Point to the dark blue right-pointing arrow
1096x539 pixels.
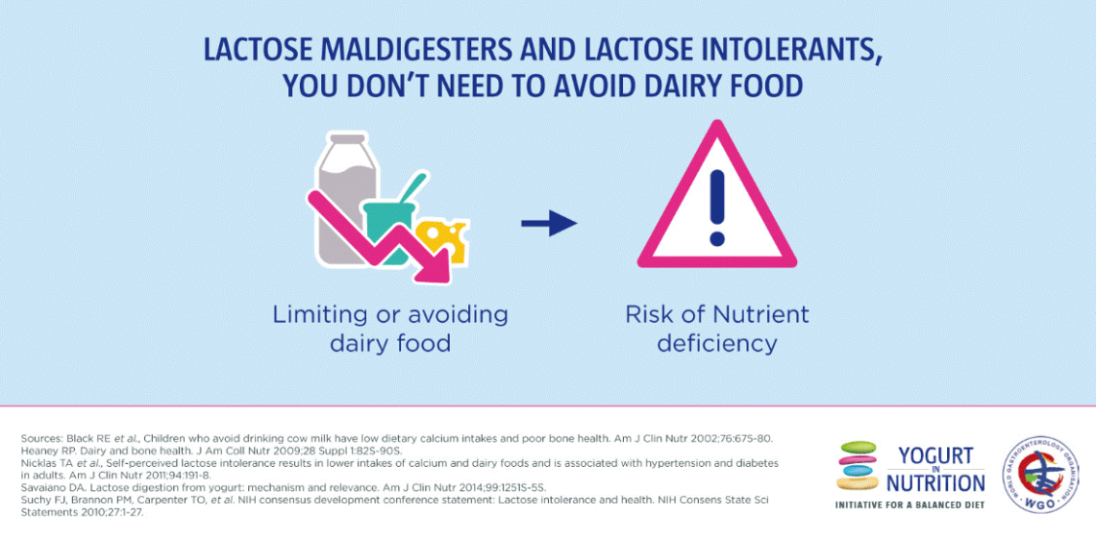549,225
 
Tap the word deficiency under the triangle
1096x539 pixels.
716,343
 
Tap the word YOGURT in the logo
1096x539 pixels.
935,455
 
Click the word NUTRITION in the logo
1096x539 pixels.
935,482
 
